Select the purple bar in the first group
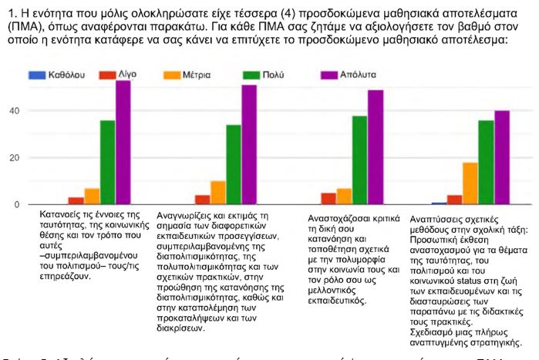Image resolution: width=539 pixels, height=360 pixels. point(123,143)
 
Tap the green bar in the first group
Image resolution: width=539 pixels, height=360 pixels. point(107,163)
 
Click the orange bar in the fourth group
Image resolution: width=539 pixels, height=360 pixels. point(470,183)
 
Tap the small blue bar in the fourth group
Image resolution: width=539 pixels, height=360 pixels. point(438,204)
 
